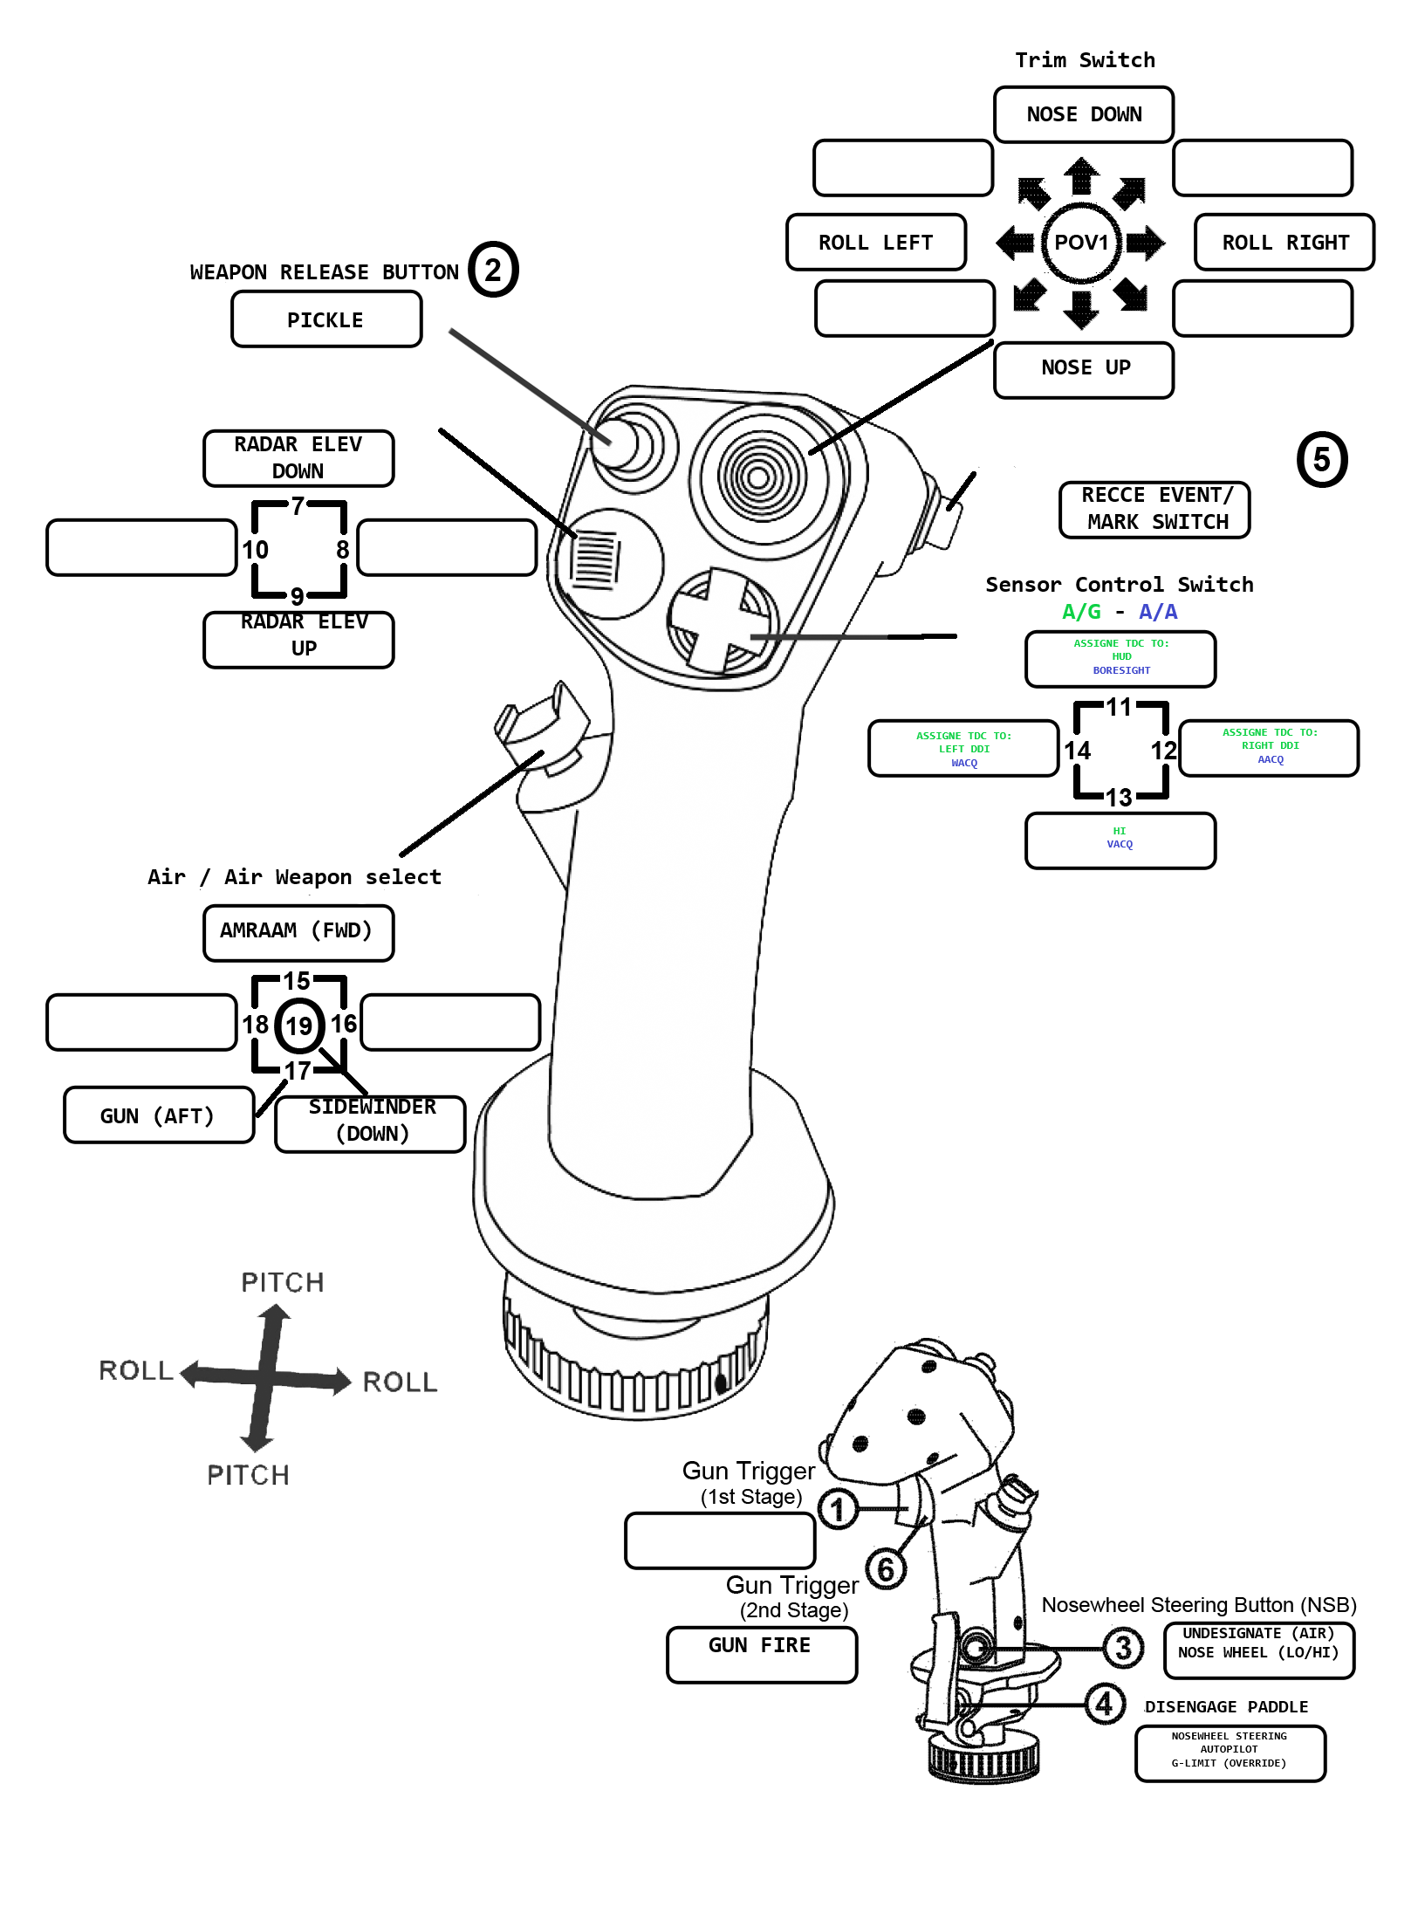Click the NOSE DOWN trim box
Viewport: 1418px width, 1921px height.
1083,114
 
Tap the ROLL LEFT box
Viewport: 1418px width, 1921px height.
876,242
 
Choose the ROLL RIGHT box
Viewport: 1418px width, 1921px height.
1284,242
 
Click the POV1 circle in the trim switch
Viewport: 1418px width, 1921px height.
1081,243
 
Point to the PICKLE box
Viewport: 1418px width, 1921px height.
326,319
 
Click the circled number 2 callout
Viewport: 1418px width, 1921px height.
493,270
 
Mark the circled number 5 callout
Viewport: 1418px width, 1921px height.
1321,459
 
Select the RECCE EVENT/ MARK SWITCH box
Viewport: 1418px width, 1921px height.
1154,509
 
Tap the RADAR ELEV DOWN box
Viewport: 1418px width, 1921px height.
298,457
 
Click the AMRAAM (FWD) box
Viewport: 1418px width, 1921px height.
298,932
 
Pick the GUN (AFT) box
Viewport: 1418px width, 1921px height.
159,1115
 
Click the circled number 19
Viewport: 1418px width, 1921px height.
299,1026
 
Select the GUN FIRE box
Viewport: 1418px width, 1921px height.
761,1653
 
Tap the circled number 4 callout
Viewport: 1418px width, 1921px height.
1104,1703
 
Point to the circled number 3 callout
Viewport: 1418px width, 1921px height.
1123,1647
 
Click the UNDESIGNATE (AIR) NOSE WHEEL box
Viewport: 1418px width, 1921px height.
1258,1650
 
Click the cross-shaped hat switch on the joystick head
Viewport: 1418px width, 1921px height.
721,620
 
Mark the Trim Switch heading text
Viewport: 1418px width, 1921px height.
1085,60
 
